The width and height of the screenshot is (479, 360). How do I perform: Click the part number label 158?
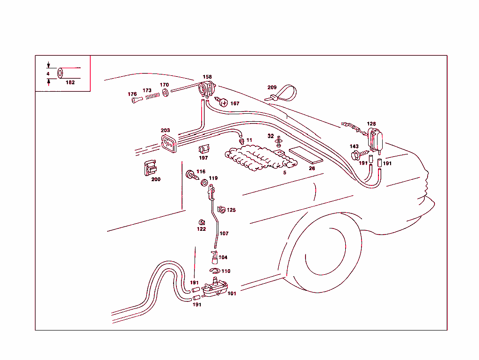(207, 77)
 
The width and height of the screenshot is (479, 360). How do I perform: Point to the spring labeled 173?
(150, 96)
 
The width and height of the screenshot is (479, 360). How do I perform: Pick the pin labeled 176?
(135, 100)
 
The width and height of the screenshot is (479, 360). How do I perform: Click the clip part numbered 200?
(150, 168)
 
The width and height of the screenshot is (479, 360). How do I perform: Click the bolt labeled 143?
(356, 154)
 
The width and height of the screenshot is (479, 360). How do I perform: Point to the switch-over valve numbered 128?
(376, 140)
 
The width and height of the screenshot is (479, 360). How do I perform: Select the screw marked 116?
(191, 175)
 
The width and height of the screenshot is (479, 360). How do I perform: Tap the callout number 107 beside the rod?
(224, 233)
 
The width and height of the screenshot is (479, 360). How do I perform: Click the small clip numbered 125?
(221, 209)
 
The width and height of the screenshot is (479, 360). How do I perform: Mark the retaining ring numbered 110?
(213, 272)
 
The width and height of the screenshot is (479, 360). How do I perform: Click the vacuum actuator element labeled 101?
(216, 287)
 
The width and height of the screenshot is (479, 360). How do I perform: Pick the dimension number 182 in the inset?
(70, 82)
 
